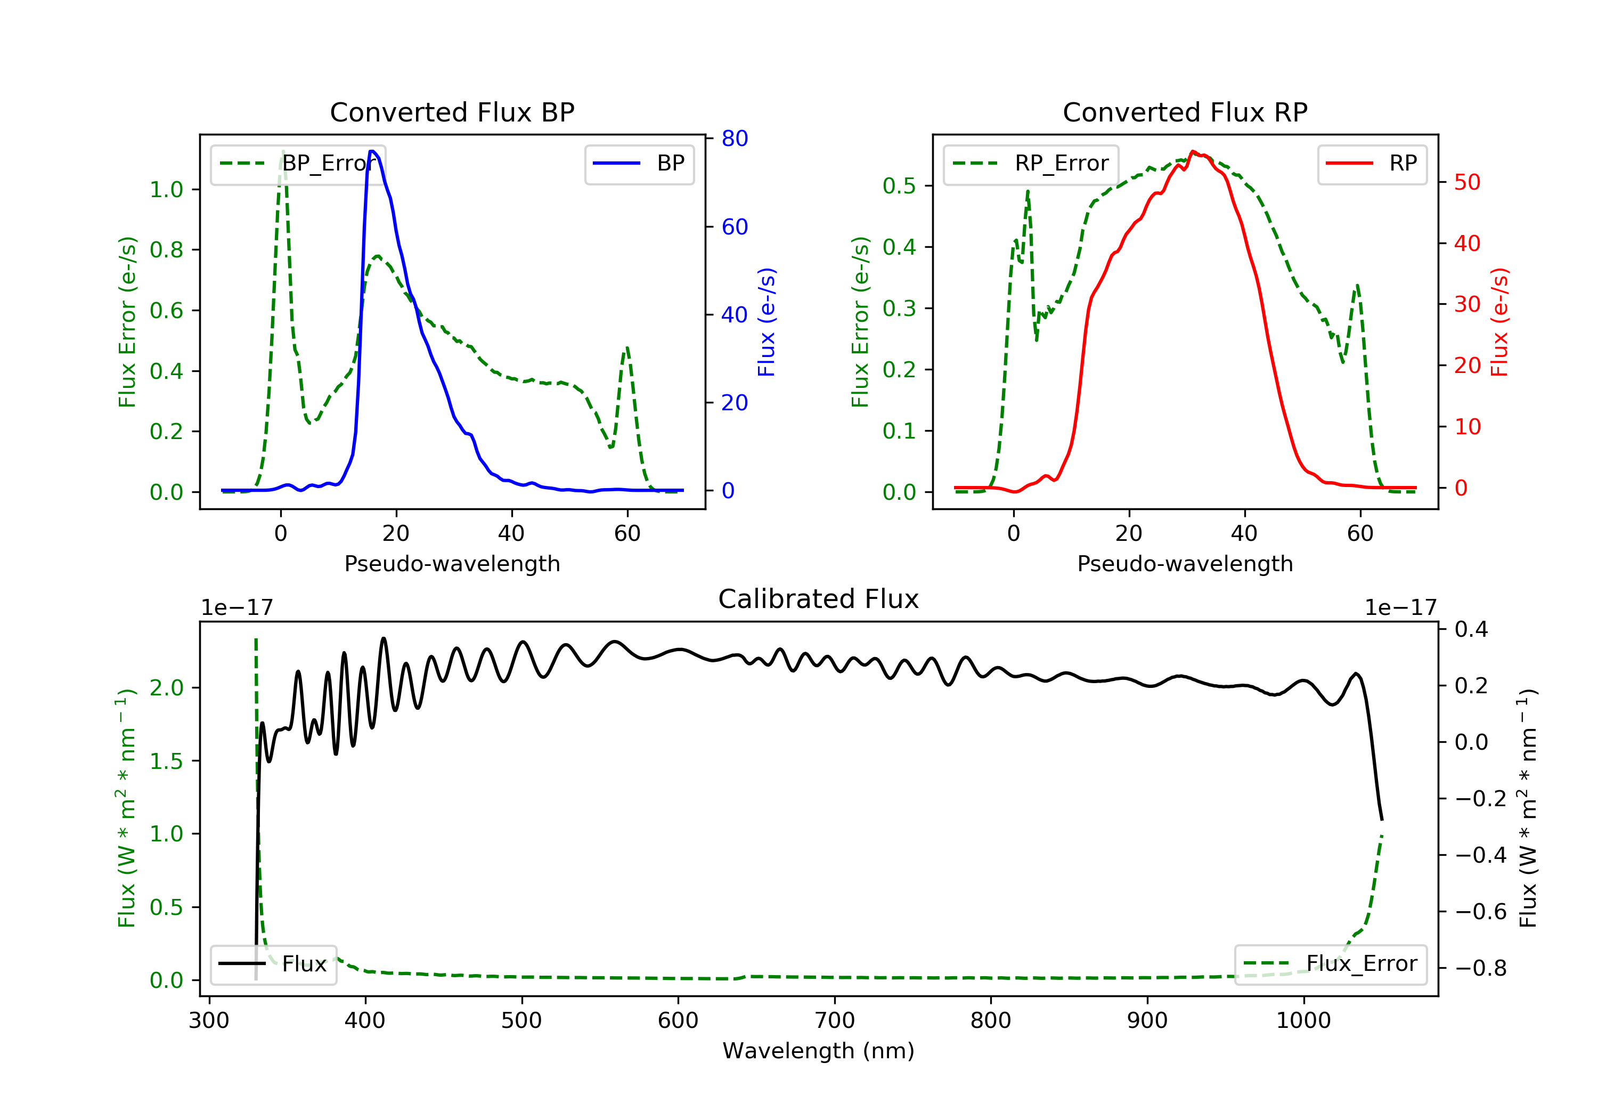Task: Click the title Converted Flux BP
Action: (x=452, y=112)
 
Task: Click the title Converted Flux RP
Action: (x=1185, y=112)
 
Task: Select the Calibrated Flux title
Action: (x=819, y=599)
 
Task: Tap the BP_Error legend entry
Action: (x=298, y=164)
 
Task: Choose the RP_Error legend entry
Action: (x=1031, y=164)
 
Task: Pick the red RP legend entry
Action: (x=1372, y=164)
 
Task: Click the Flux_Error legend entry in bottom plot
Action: (x=1330, y=964)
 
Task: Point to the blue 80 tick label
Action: (x=735, y=139)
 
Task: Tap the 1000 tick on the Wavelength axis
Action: (x=1303, y=1021)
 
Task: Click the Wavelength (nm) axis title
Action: (x=819, y=1051)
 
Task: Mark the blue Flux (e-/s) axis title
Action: (x=767, y=322)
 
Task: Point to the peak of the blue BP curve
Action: (x=372, y=151)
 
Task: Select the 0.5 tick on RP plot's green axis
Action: (x=899, y=186)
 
